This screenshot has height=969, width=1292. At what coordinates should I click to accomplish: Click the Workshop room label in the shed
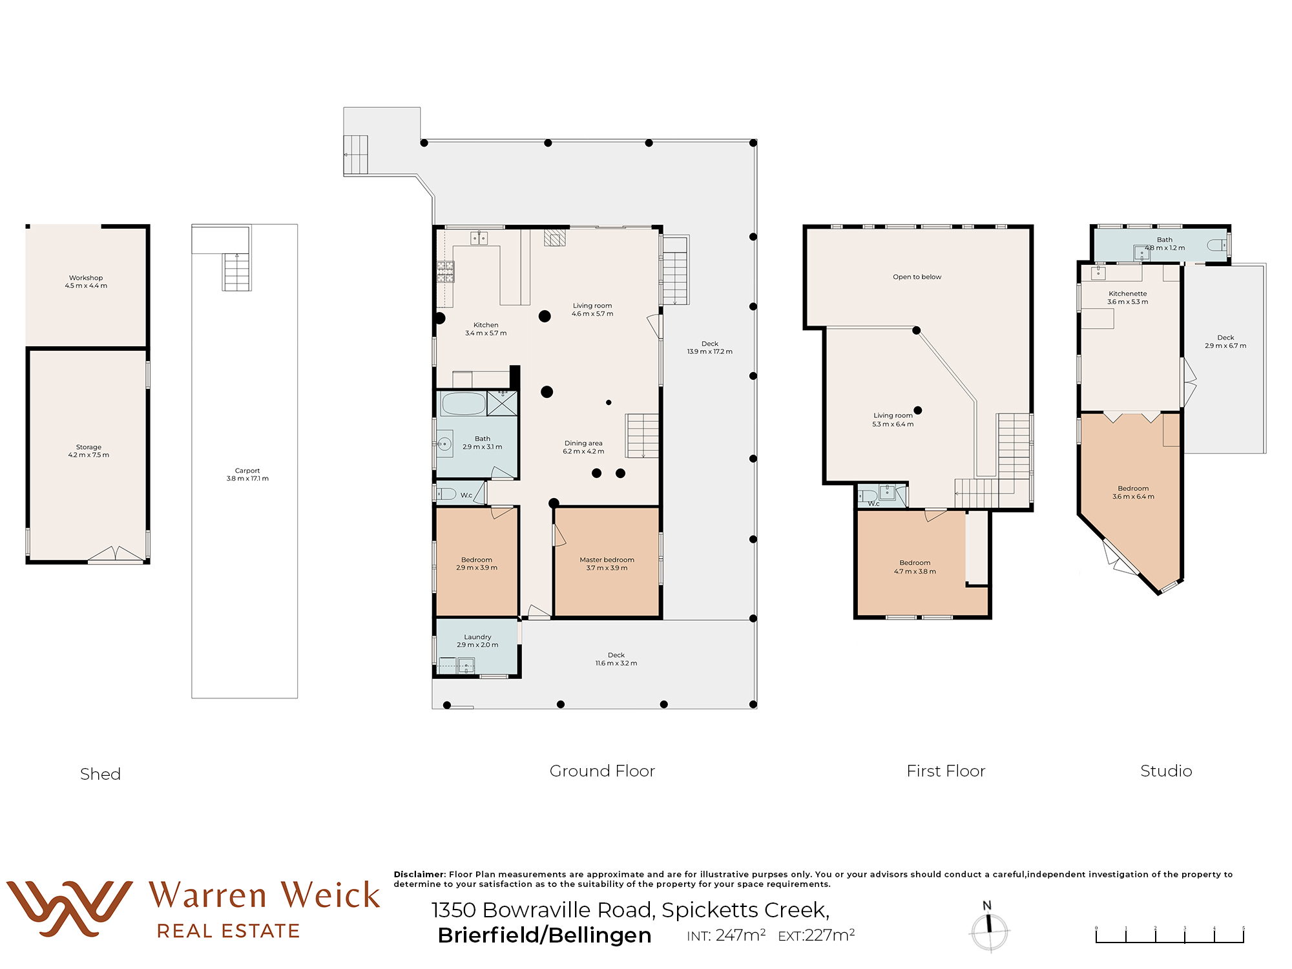86,282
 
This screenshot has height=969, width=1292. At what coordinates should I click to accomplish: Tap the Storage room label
89,451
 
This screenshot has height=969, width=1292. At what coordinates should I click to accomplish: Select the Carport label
247,475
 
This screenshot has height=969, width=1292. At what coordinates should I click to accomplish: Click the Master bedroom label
607,564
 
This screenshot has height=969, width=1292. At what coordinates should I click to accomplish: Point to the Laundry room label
477,641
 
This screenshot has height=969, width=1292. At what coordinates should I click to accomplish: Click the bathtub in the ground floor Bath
463,404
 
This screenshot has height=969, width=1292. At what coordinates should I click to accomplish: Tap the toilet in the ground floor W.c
446,494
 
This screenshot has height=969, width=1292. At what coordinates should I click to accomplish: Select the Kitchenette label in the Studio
1128,298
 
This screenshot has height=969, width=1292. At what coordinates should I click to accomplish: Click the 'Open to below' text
917,277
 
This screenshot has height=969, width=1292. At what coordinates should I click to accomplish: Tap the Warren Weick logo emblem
69,908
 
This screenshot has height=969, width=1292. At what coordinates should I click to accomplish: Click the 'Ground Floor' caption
602,771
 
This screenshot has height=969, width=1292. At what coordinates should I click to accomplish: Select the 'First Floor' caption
946,771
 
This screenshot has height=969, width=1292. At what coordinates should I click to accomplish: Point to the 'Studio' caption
1166,771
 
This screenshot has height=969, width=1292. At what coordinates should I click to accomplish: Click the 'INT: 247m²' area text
726,935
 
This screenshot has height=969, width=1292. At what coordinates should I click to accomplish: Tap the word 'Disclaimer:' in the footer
420,874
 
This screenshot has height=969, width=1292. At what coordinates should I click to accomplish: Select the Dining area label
583,447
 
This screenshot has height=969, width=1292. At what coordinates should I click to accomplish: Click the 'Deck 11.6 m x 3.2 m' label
616,659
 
